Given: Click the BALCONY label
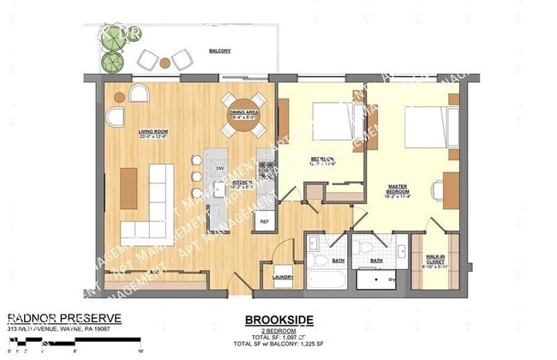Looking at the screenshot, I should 219,51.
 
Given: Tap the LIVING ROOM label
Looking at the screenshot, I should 152,132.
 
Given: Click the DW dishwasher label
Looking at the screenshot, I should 220,168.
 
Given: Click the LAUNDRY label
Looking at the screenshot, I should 283,276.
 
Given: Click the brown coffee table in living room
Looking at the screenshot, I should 129,188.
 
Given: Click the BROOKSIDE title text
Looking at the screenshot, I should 279,321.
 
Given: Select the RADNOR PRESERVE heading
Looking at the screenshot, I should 64,318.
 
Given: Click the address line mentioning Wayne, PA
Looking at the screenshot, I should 60,329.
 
